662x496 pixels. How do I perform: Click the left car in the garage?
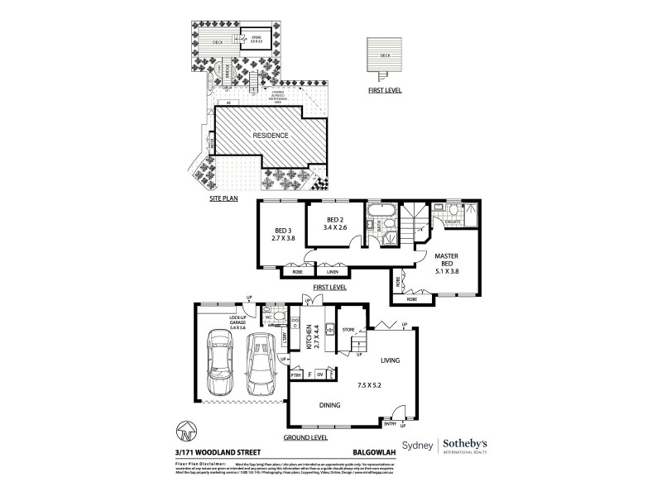[222, 364]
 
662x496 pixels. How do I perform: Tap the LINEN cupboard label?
[333, 271]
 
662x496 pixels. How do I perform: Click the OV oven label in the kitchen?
[320, 374]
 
